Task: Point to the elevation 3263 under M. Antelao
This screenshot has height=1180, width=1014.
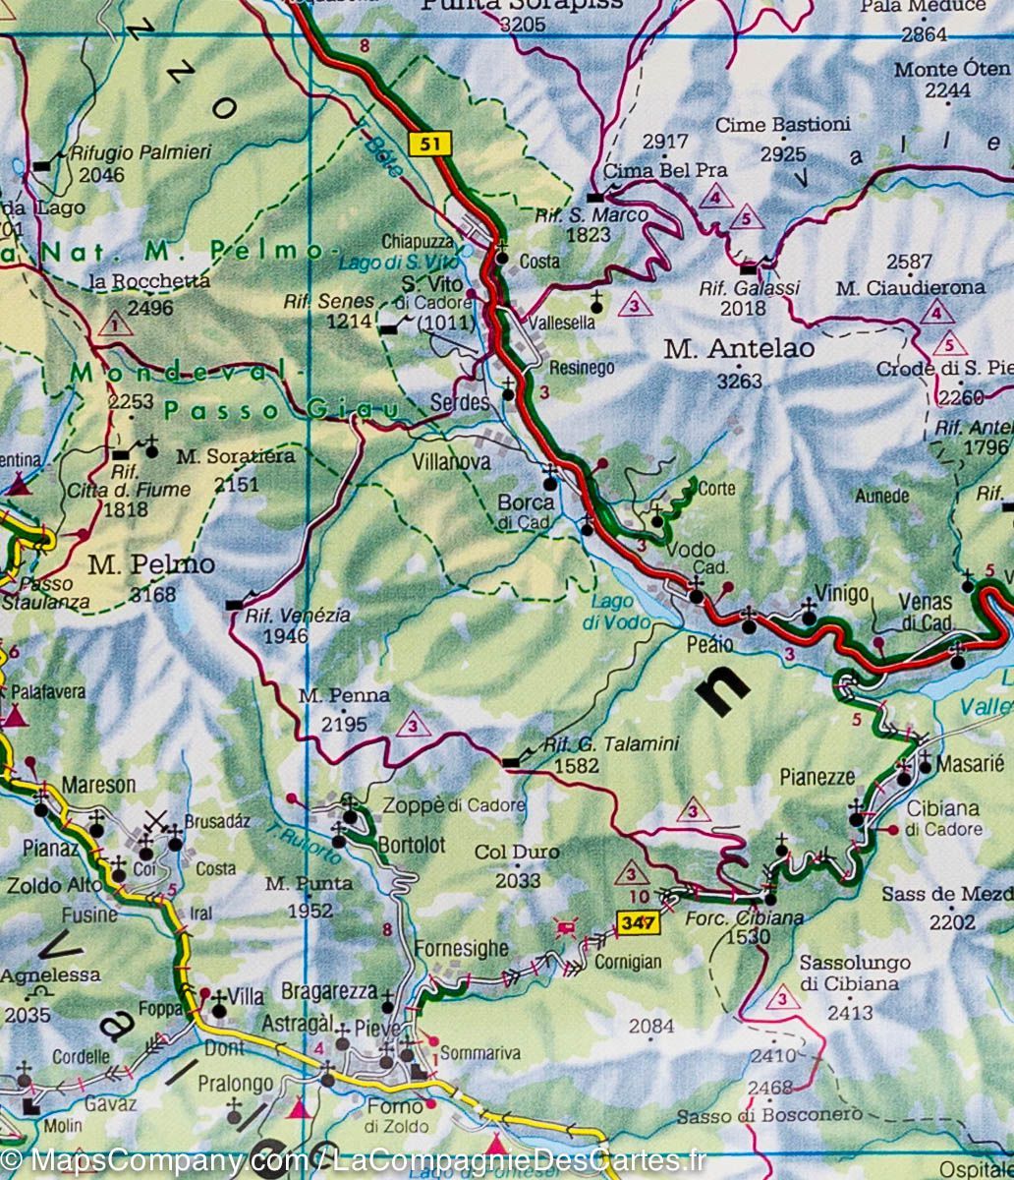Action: coord(739,380)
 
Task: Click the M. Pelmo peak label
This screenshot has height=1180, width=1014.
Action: coord(137,565)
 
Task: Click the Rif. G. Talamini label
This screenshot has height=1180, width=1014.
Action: coord(611,744)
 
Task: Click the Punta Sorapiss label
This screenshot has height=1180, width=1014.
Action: coord(522,5)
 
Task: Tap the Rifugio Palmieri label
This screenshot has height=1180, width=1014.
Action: coord(139,153)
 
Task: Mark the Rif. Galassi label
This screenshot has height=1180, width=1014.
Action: coord(749,288)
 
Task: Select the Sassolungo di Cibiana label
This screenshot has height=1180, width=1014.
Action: coord(854,973)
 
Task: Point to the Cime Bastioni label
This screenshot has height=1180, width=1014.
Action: coord(782,125)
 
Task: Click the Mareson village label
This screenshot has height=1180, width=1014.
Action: coord(98,785)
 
